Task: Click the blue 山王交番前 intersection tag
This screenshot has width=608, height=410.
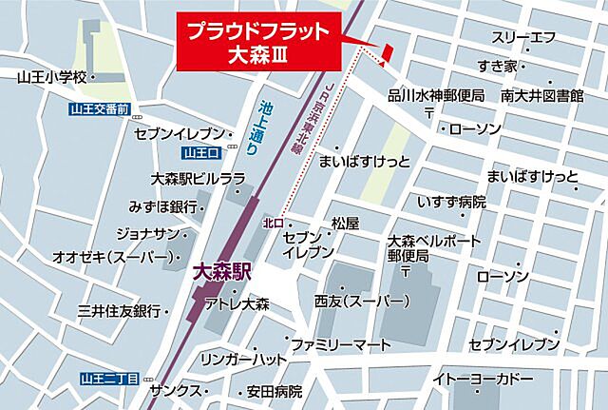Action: point(98,108)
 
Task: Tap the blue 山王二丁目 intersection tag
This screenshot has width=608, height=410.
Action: point(109,379)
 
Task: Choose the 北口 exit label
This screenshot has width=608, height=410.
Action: point(274,223)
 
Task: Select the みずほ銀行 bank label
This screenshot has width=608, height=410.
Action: point(162,206)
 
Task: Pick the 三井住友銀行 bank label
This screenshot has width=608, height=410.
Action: point(118,311)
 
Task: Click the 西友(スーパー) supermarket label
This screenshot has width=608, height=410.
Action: point(362,302)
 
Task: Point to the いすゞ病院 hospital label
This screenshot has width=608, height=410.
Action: point(451,202)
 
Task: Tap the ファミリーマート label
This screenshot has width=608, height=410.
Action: point(340,342)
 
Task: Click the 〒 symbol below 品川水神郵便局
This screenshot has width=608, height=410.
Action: point(429,112)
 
